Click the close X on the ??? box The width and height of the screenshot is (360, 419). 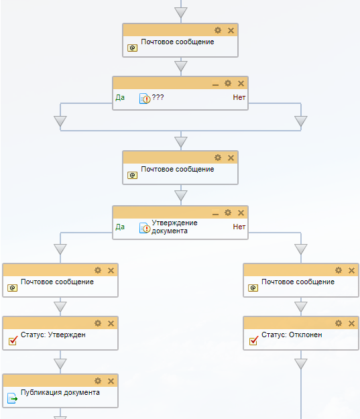pyautogui.click(x=241, y=84)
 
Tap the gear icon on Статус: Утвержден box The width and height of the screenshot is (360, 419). pyautogui.click(x=98, y=323)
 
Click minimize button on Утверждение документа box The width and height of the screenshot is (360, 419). pyautogui.click(x=215, y=214)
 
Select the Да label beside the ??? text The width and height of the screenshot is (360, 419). pyautogui.click(x=120, y=97)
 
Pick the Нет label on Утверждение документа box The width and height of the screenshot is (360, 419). pyautogui.click(x=239, y=227)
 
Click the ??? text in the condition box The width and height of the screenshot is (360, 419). pyautogui.click(x=158, y=97)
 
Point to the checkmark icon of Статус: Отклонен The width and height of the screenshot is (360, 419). pyautogui.click(x=253, y=341)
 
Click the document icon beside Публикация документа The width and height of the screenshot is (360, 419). pyautogui.click(x=12, y=398)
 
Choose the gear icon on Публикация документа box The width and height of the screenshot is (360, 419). pyautogui.click(x=98, y=381)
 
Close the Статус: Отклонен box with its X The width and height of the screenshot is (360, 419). pyautogui.click(x=351, y=324)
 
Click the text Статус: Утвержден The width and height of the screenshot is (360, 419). pyautogui.click(x=53, y=335)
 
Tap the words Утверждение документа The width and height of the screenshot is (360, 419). pyautogui.click(x=174, y=227)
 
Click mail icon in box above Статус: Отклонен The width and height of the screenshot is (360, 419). pyautogui.click(x=253, y=288)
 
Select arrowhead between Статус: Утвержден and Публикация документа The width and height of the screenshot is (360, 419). pyautogui.click(x=60, y=363)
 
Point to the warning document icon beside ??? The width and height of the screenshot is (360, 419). pyautogui.click(x=145, y=99)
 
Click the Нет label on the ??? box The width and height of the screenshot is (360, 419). pyautogui.click(x=239, y=97)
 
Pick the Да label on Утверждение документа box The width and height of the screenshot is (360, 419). pyautogui.click(x=120, y=227)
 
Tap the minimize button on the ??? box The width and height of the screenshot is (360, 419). pyautogui.click(x=215, y=84)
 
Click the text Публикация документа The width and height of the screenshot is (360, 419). pyautogui.click(x=60, y=393)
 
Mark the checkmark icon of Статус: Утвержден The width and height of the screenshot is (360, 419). pyautogui.click(x=13, y=341)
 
